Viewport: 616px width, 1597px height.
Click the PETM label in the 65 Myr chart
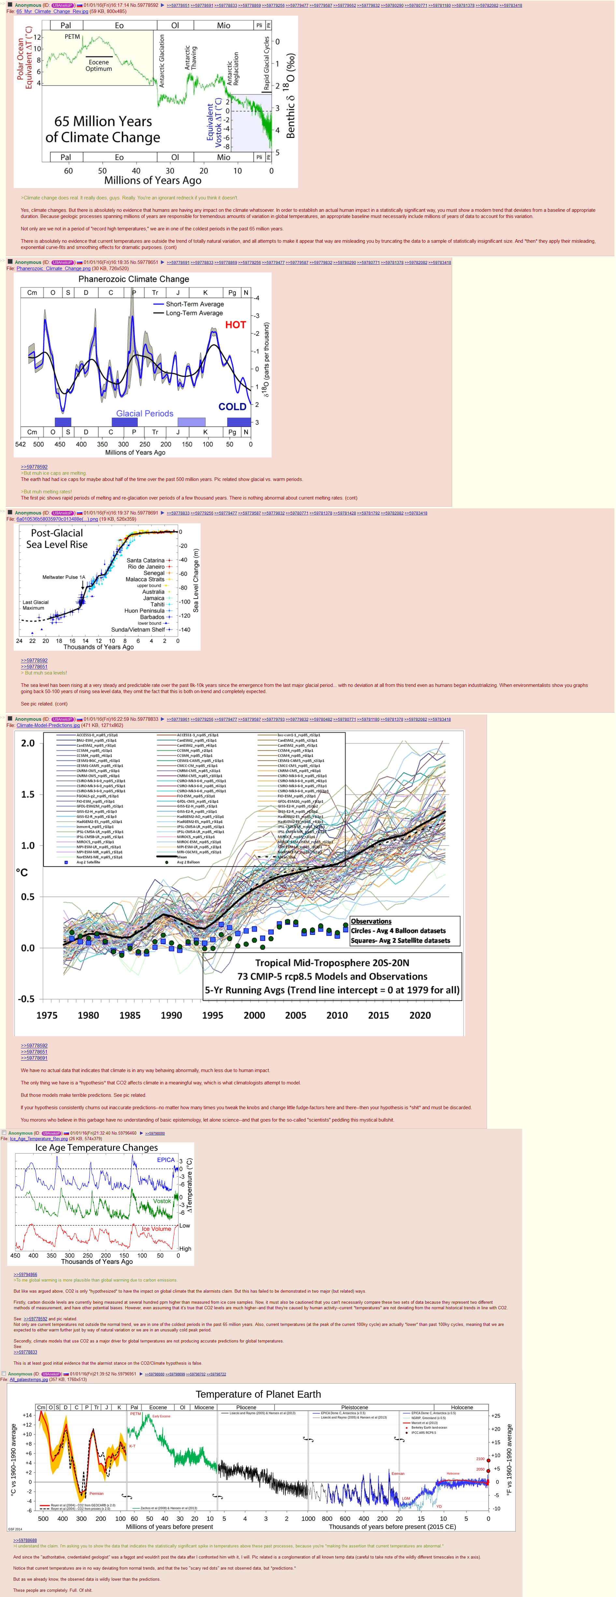click(73, 36)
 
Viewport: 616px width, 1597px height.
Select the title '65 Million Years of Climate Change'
click(103, 129)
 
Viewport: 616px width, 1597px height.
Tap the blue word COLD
click(232, 407)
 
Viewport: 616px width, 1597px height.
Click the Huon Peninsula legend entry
click(144, 611)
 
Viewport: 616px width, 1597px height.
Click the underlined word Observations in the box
click(371, 921)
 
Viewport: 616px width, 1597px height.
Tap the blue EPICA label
click(165, 1159)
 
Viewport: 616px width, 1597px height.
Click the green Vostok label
click(162, 1201)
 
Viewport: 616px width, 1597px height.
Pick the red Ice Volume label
click(156, 1229)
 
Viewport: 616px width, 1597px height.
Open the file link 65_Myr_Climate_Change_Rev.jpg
click(52, 11)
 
